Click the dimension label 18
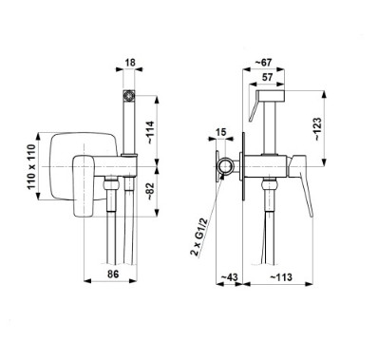[130, 63]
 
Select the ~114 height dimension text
[150, 133]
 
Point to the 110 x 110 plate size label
[32, 167]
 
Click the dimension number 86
[113, 274]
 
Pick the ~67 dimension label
[263, 63]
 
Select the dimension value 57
[268, 77]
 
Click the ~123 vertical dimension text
[317, 129]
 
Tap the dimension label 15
[222, 132]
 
